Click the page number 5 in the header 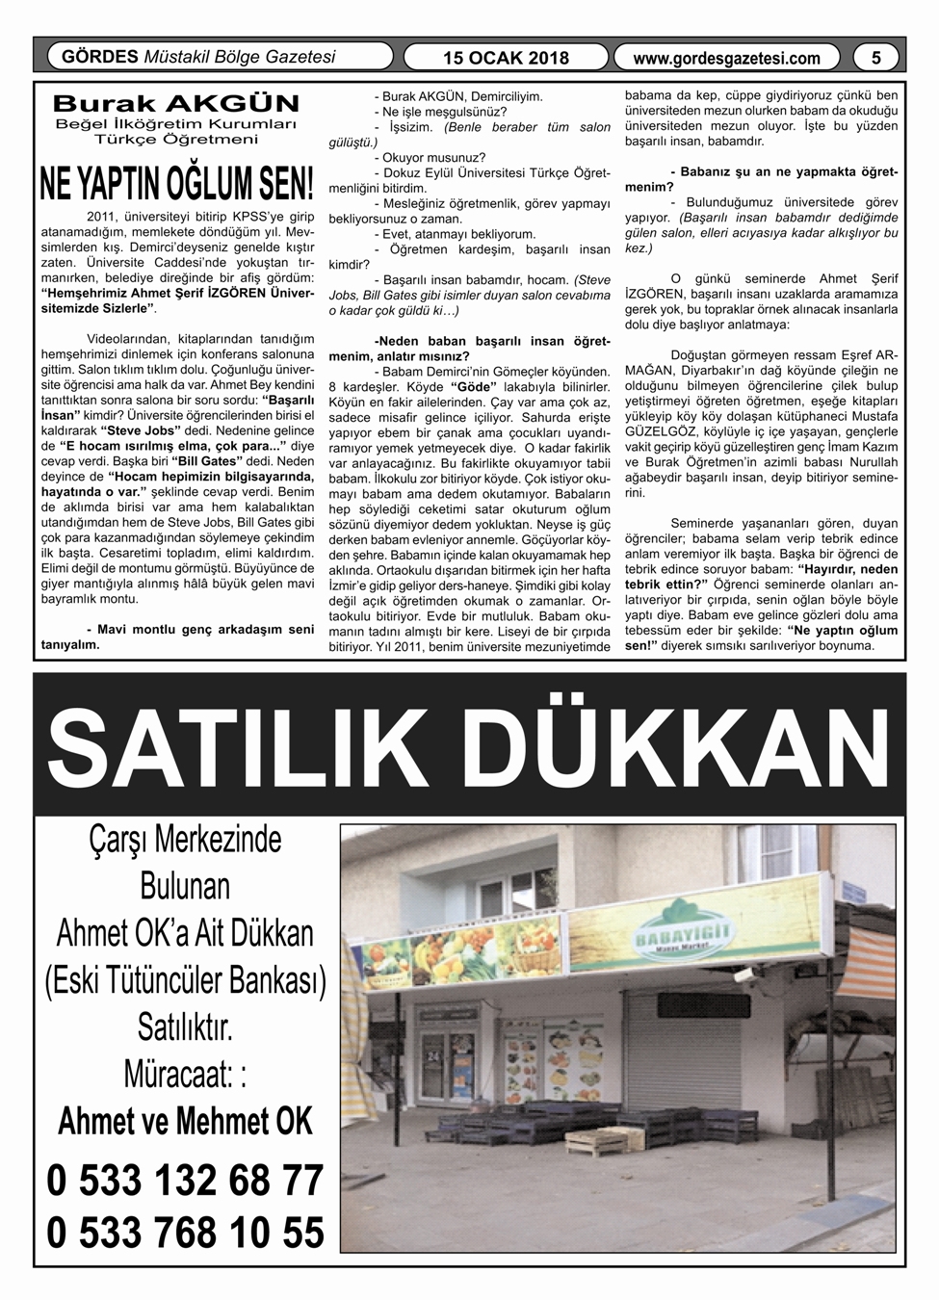pos(875,58)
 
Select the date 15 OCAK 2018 pos(506,58)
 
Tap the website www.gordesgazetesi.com pos(727,59)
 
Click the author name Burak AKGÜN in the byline pos(176,103)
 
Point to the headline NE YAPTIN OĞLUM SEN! pos(176,184)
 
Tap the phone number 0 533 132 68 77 pos(184,1181)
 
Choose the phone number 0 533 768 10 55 pos(184,1234)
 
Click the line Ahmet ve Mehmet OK pos(185,1123)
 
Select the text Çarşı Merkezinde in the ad pos(184,840)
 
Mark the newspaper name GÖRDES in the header pos(99,57)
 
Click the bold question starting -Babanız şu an pos(761,179)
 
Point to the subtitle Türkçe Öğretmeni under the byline pos(176,140)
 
